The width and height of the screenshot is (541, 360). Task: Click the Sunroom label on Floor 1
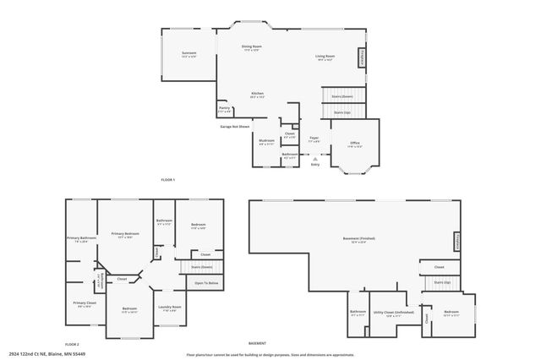coord(189,53)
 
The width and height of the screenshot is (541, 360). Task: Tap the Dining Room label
coord(252,46)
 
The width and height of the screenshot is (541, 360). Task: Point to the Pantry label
coord(224,108)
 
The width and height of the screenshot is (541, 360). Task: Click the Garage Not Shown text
coord(235,127)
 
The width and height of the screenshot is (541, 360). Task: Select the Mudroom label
coord(266,140)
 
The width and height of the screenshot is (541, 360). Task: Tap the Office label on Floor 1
coord(355,143)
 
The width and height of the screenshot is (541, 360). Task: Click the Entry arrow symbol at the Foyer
coord(314,158)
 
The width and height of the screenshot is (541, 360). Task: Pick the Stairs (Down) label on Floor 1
coord(342,97)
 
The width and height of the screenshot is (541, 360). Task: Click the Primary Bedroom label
coord(125,236)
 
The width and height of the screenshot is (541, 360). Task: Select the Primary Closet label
coord(85,303)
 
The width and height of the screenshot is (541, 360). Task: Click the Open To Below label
coord(207,283)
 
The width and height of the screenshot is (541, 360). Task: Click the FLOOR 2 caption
coord(72,345)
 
